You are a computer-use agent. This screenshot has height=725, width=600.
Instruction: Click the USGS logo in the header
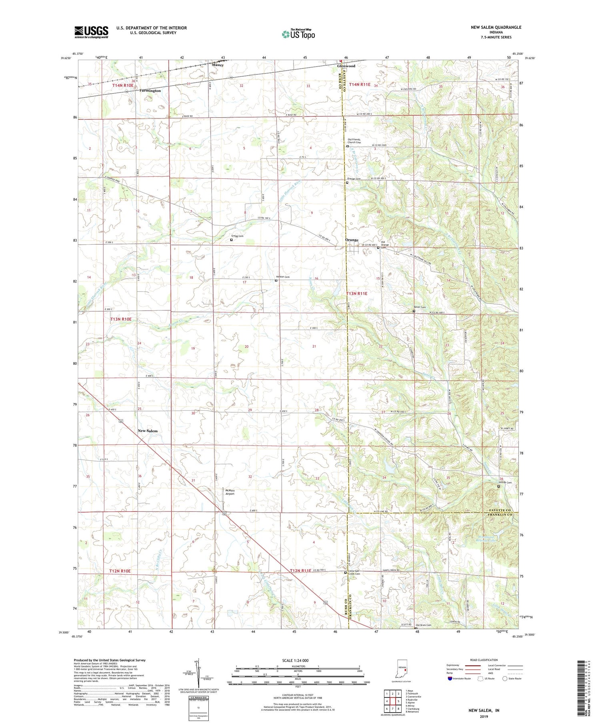[91, 32]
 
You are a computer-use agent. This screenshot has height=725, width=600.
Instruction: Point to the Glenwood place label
[346, 66]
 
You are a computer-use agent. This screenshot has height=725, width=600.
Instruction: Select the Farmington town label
[150, 91]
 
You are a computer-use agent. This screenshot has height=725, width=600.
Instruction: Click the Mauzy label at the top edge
[218, 65]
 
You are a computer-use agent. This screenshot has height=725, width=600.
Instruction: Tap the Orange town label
[352, 240]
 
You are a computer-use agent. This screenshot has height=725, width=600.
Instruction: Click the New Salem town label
[148, 431]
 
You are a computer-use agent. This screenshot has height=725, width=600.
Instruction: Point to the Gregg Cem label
[237, 236]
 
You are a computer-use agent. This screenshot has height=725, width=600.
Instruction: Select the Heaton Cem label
[282, 277]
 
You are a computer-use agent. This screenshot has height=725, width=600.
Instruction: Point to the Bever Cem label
[420, 307]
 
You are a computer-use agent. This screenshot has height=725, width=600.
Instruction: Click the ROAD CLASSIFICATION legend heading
[484, 660]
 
